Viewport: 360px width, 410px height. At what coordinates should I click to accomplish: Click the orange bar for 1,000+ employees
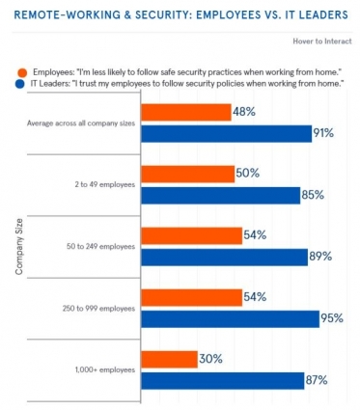click(x=170, y=359)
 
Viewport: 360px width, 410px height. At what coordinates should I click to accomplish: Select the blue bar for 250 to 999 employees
click(x=231, y=319)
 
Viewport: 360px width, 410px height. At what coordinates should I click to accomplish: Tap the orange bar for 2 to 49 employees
click(x=188, y=174)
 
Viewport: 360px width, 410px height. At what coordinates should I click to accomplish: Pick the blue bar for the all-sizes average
click(x=227, y=134)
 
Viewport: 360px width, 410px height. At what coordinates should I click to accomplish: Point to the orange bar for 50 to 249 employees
click(x=192, y=235)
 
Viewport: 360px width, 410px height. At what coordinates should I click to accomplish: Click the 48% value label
click(x=244, y=112)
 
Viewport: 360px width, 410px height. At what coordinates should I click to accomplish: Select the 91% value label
click(x=324, y=133)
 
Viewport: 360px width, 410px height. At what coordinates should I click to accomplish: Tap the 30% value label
click(x=210, y=359)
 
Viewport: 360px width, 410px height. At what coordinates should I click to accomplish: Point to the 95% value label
click(x=332, y=318)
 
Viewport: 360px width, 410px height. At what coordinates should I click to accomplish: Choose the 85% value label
click(x=313, y=195)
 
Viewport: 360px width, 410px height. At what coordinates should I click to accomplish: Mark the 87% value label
click(x=317, y=380)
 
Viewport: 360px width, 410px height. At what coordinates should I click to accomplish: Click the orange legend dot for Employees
click(x=22, y=72)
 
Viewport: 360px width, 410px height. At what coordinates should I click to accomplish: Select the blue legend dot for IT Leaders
click(x=20, y=85)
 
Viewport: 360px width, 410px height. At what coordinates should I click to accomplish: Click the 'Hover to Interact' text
click(x=322, y=41)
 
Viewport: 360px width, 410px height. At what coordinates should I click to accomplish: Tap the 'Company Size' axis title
click(x=19, y=247)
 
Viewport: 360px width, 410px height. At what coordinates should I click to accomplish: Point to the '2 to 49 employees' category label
click(x=105, y=185)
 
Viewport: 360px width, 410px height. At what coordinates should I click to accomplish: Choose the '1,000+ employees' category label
click(x=105, y=370)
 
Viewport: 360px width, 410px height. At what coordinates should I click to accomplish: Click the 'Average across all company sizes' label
click(x=81, y=123)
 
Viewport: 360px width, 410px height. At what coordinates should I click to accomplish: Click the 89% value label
click(x=320, y=257)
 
